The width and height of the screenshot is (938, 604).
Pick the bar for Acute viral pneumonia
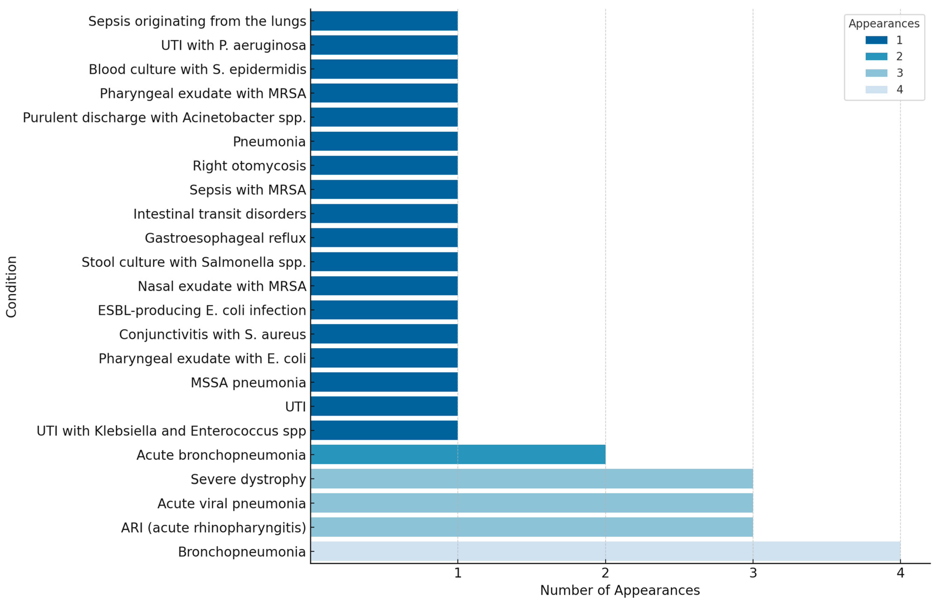pos(531,503)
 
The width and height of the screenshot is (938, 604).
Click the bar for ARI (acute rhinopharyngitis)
pos(531,527)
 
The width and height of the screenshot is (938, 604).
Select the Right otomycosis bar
pos(384,165)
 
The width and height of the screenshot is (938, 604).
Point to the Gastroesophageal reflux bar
pos(384,238)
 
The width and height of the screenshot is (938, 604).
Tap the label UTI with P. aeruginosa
pos(233,46)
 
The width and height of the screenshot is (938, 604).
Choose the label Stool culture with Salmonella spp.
pos(194,262)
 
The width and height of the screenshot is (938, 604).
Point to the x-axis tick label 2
pos(605,573)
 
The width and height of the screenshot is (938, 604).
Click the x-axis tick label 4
pos(900,573)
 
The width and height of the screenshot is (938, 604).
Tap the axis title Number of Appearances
pos(620,590)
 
